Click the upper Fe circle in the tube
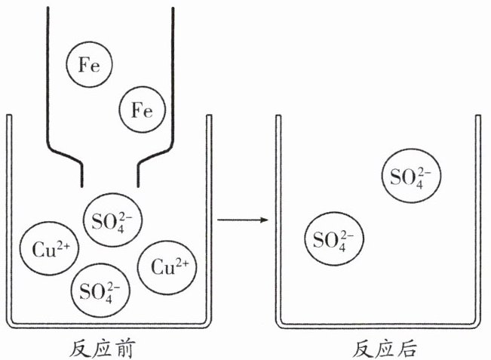[89, 64]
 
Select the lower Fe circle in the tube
[142, 109]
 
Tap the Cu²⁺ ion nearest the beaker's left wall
[49, 248]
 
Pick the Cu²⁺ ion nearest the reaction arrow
[167, 267]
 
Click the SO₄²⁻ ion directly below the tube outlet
[112, 220]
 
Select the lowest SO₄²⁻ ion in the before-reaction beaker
[100, 290]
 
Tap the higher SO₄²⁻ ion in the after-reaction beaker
[411, 175]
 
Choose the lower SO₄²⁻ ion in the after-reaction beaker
[334, 238]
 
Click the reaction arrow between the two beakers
[243, 220]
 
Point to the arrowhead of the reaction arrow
[265, 220]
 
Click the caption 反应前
[103, 349]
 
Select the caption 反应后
[385, 349]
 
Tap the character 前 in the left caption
[125, 349]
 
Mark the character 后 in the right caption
[408, 349]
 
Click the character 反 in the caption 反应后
[363, 349]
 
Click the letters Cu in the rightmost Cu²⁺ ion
[162, 269]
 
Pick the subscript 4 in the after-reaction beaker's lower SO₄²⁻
[342, 248]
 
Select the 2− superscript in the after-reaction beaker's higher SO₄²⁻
[424, 172]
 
